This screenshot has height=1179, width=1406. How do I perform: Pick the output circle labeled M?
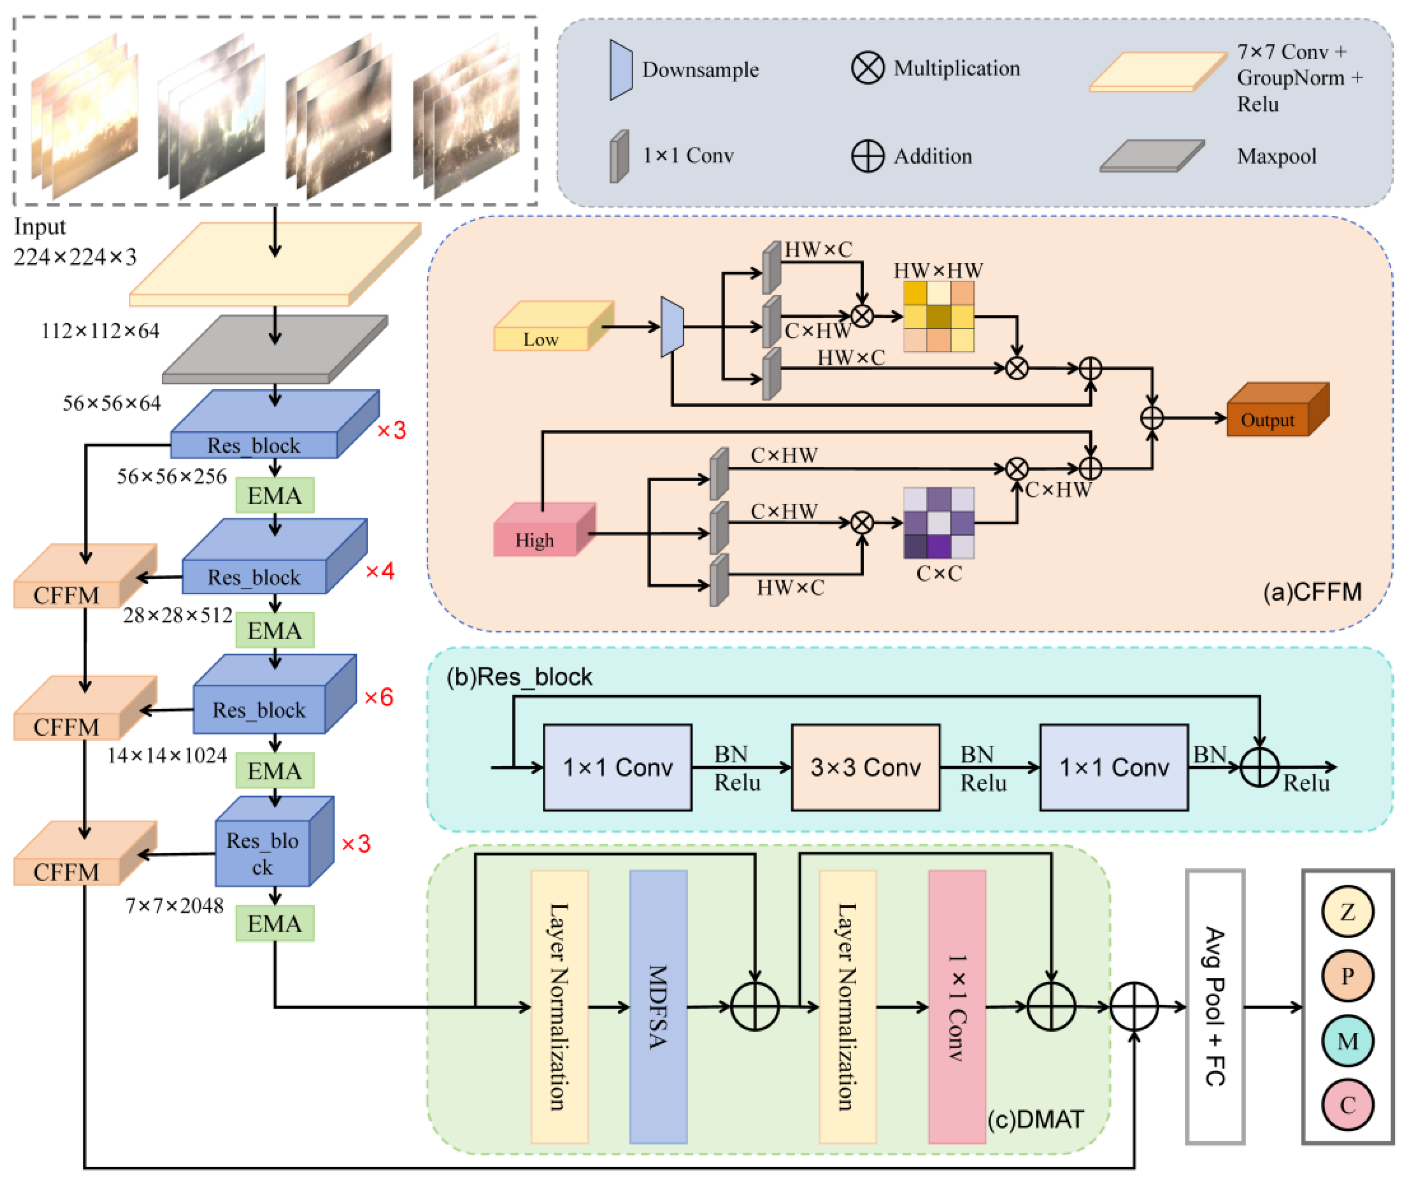[1347, 1041]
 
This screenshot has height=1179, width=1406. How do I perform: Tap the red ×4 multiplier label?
[380, 571]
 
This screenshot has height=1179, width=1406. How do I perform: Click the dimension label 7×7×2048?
[174, 906]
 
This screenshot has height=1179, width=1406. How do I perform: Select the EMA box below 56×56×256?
[275, 495]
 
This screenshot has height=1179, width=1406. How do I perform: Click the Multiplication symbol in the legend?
[868, 68]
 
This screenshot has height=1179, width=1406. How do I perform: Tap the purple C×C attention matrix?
[939, 523]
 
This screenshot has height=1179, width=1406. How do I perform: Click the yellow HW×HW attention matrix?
[939, 316]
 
